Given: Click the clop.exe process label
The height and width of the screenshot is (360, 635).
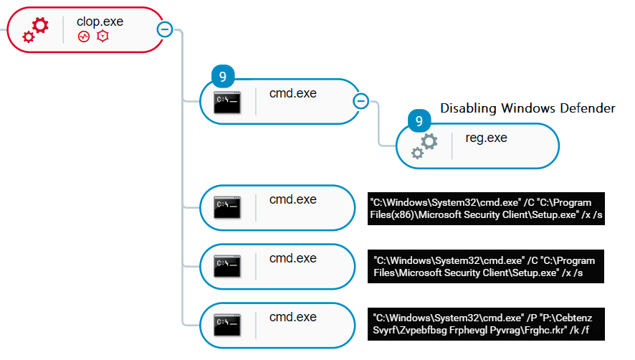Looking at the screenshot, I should (100, 22).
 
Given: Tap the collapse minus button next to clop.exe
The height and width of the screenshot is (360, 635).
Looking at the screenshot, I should (164, 29).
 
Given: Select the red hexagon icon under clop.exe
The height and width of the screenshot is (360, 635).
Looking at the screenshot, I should (102, 36).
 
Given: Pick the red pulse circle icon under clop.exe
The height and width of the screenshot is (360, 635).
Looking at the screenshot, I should (84, 36).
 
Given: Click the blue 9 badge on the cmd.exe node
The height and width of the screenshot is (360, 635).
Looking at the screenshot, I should (223, 75).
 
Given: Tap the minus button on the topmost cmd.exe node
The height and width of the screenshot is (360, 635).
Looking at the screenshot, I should (361, 101).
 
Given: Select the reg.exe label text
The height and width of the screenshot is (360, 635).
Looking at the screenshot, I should (486, 138).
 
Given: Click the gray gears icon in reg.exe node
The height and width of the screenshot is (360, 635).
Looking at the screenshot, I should (424, 146).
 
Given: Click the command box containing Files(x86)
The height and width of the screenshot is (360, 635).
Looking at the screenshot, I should (485, 208).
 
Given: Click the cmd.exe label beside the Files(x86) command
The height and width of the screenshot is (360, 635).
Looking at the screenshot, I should (292, 199).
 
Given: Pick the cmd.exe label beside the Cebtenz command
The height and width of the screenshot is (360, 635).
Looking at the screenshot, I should (292, 316).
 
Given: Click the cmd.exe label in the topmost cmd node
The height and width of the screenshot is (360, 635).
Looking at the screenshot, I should (292, 93).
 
